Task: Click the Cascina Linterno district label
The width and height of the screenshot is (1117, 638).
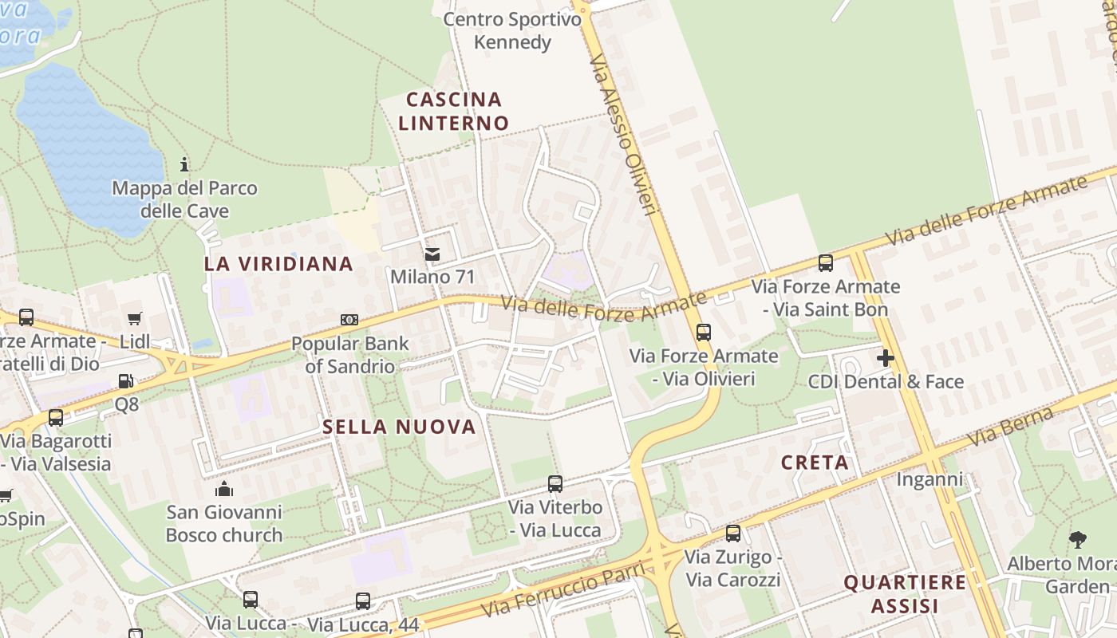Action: (x=453, y=112)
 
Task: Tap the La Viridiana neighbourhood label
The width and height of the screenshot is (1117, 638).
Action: (x=278, y=264)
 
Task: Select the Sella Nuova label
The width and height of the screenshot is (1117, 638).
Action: (x=399, y=427)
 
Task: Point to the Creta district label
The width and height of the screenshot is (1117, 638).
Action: (x=815, y=463)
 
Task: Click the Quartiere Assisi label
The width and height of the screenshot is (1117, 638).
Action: (x=905, y=594)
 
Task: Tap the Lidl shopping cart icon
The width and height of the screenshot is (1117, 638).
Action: (x=135, y=319)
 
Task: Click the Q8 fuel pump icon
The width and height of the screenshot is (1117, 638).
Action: (x=125, y=382)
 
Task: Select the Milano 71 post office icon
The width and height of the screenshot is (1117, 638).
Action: (x=432, y=254)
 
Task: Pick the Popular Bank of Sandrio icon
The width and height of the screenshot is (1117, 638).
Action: (x=349, y=320)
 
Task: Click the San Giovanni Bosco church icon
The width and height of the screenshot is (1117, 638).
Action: (x=224, y=488)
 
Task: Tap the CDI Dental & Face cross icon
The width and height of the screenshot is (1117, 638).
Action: (x=885, y=358)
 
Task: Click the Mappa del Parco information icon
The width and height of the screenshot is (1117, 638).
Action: (x=185, y=165)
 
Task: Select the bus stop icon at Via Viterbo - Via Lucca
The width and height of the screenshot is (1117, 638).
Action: (x=555, y=483)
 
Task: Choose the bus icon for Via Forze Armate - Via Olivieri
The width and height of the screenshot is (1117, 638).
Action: (x=703, y=333)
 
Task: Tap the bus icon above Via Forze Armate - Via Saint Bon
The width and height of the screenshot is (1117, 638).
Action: (x=826, y=263)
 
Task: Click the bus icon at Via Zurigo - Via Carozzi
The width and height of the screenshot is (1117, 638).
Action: (x=733, y=534)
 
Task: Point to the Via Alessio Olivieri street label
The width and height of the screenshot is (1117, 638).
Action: (x=623, y=134)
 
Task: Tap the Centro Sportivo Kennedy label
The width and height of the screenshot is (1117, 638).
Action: (x=512, y=30)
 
